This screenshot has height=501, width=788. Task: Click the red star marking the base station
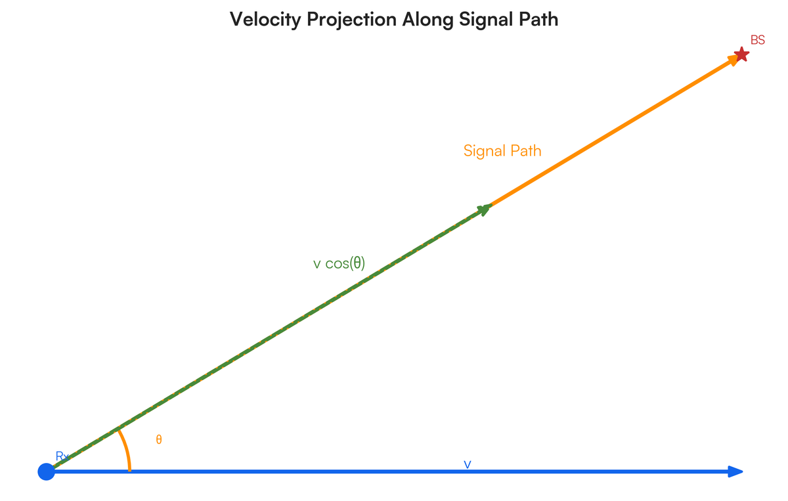(x=741, y=54)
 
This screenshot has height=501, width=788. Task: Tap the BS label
(x=758, y=41)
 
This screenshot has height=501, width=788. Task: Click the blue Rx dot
(x=46, y=471)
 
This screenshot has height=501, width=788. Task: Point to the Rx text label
(x=62, y=456)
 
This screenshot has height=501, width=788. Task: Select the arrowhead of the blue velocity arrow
(x=736, y=471)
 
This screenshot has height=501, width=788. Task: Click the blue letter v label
(x=468, y=464)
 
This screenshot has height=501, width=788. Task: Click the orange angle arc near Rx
(x=126, y=450)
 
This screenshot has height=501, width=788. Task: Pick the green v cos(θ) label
(x=339, y=263)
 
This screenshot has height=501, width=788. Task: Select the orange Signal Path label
(x=502, y=151)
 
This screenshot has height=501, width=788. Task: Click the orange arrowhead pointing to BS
(x=731, y=61)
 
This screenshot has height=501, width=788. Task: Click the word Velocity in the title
(x=261, y=20)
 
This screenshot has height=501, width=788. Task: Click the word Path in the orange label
(x=527, y=151)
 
